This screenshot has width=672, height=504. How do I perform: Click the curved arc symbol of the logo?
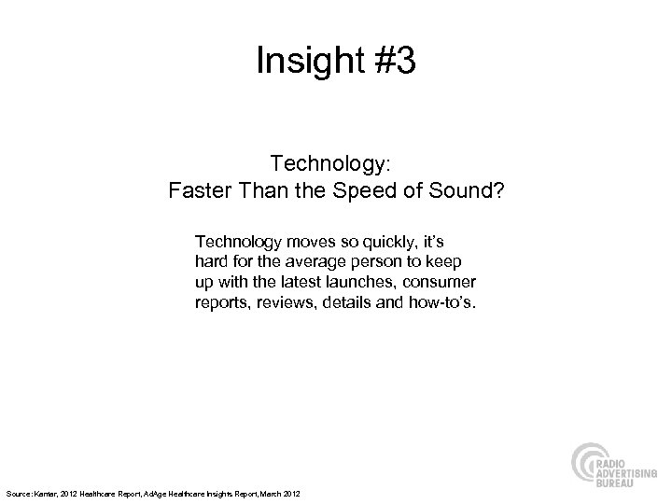pyautogui.click(x=587, y=469)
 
